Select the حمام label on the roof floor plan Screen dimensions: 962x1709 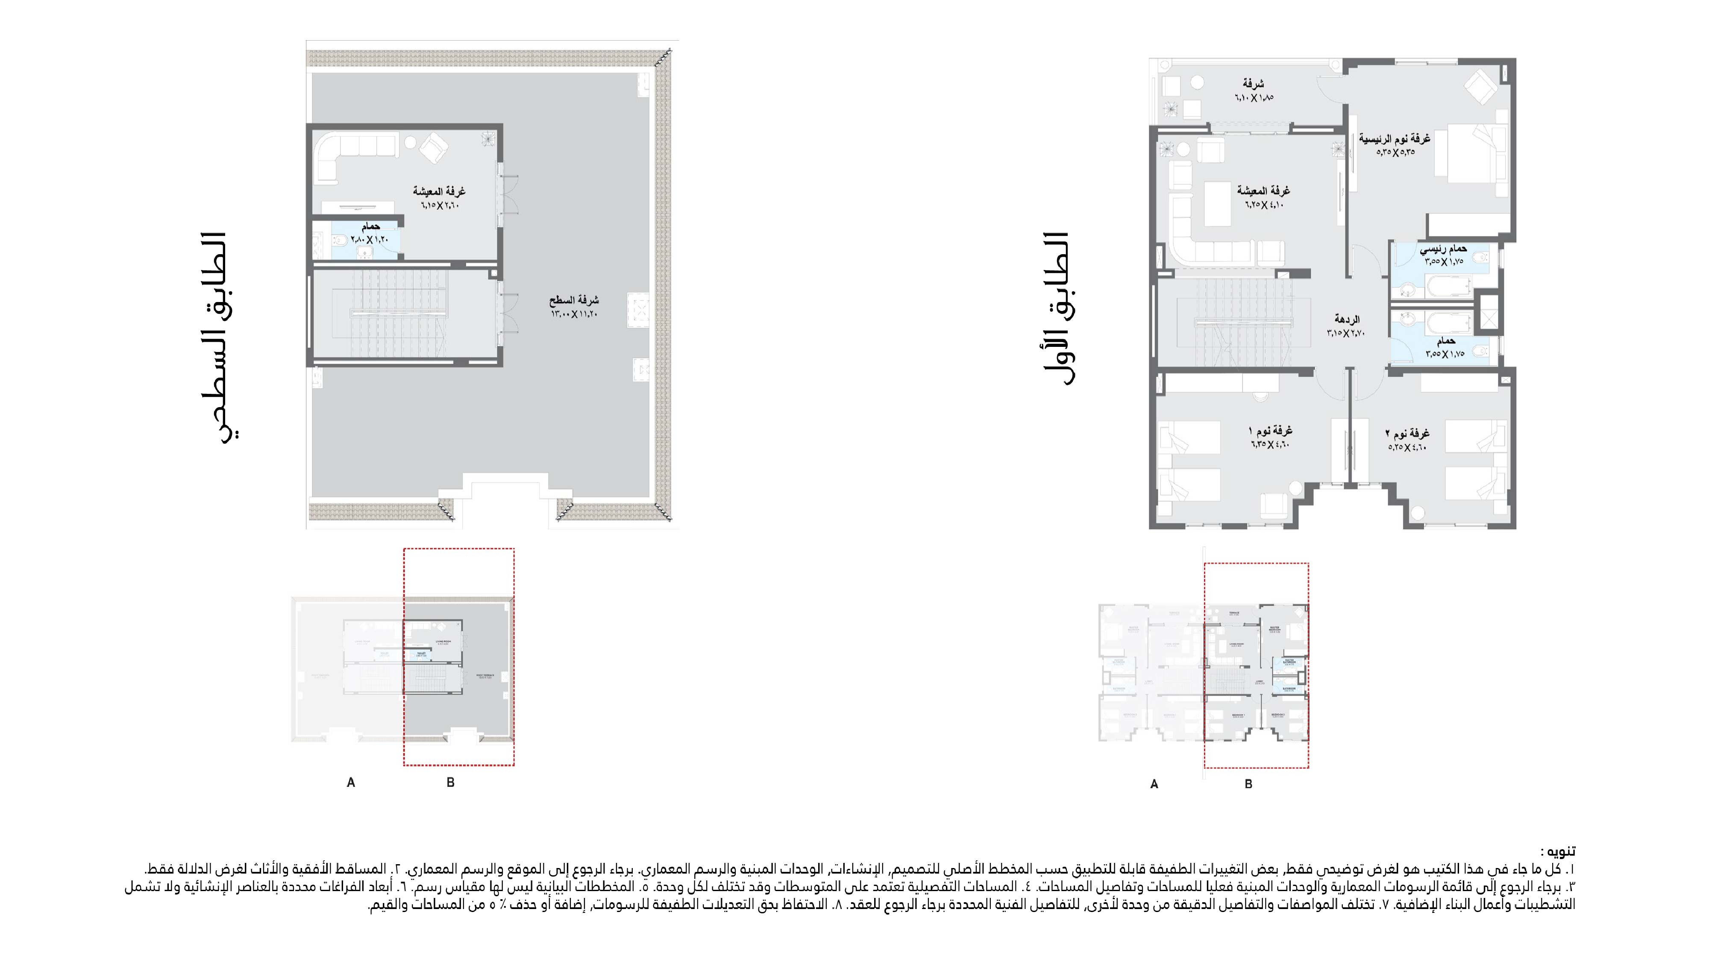pyautogui.click(x=370, y=227)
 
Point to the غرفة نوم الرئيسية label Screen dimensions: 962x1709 pyautogui.click(x=1394, y=139)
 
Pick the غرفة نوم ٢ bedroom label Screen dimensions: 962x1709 pyautogui.click(x=1407, y=433)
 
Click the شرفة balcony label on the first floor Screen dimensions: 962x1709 pyautogui.click(x=1253, y=84)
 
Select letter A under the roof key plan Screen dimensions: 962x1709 pyautogui.click(x=351, y=783)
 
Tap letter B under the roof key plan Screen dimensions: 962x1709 pyautogui.click(x=450, y=783)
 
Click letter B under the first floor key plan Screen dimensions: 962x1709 pyautogui.click(x=1248, y=784)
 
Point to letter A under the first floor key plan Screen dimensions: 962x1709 pyautogui.click(x=1154, y=784)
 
